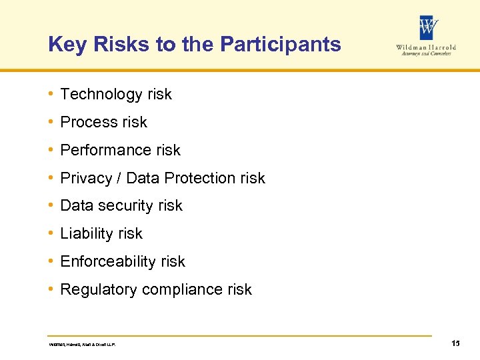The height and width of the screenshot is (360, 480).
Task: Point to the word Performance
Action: pos(101,151)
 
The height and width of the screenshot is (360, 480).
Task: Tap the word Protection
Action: pos(199,179)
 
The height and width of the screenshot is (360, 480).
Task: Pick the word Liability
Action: pos(84,234)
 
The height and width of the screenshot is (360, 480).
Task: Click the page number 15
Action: pos(455,343)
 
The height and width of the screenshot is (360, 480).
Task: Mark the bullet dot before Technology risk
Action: pos(51,94)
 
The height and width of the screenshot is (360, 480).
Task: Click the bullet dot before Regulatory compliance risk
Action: pos(51,289)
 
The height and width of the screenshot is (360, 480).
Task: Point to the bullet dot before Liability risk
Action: pos(51,233)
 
